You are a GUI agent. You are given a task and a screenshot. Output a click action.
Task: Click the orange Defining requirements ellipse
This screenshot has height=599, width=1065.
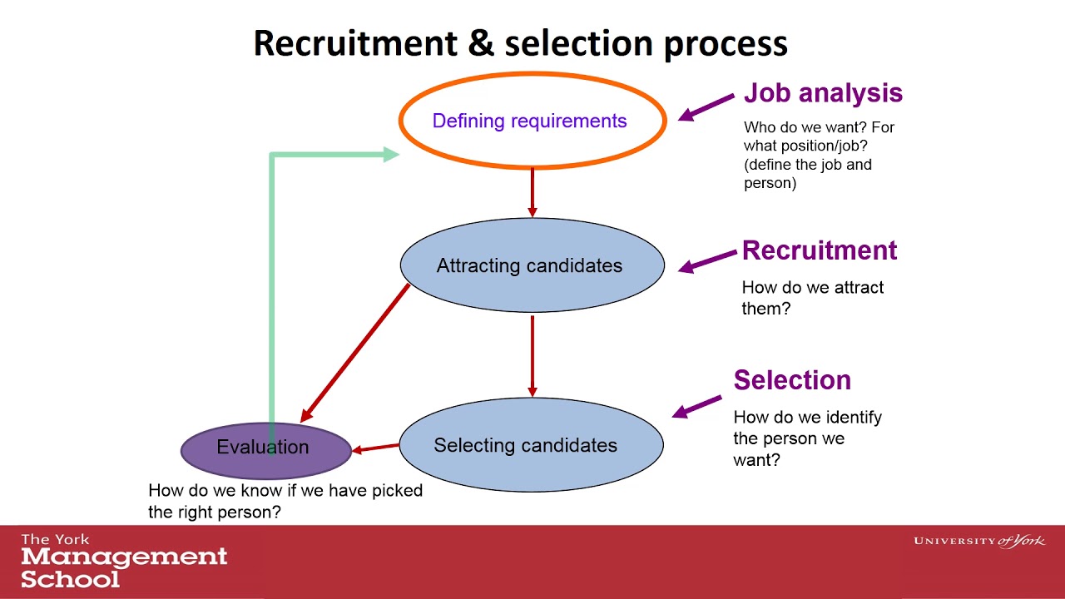tap(532, 121)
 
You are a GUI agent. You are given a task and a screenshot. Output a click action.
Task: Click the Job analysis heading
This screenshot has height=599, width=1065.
tap(823, 92)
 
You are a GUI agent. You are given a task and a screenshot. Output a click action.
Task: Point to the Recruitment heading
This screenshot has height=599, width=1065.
tap(820, 250)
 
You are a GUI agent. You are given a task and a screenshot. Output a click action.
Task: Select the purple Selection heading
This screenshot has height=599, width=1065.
tap(792, 380)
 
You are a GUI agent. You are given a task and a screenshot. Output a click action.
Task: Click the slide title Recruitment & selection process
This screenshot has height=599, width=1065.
tap(520, 43)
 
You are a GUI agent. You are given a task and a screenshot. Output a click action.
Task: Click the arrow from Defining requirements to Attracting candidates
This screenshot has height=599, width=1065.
tap(532, 193)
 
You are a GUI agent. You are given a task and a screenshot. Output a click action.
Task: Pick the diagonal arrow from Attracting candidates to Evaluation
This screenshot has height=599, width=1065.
tap(356, 352)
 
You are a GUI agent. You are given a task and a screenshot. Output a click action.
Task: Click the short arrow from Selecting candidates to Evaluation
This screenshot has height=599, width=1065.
tap(375, 448)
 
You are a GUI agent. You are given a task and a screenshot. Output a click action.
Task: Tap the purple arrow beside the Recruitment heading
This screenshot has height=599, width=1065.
tap(708, 260)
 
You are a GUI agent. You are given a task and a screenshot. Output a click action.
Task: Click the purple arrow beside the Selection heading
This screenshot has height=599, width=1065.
tap(696, 406)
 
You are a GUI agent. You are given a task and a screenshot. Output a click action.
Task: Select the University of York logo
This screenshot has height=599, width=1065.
tap(979, 542)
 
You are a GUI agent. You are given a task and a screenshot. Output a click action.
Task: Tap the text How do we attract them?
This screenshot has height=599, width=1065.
tap(812, 298)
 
